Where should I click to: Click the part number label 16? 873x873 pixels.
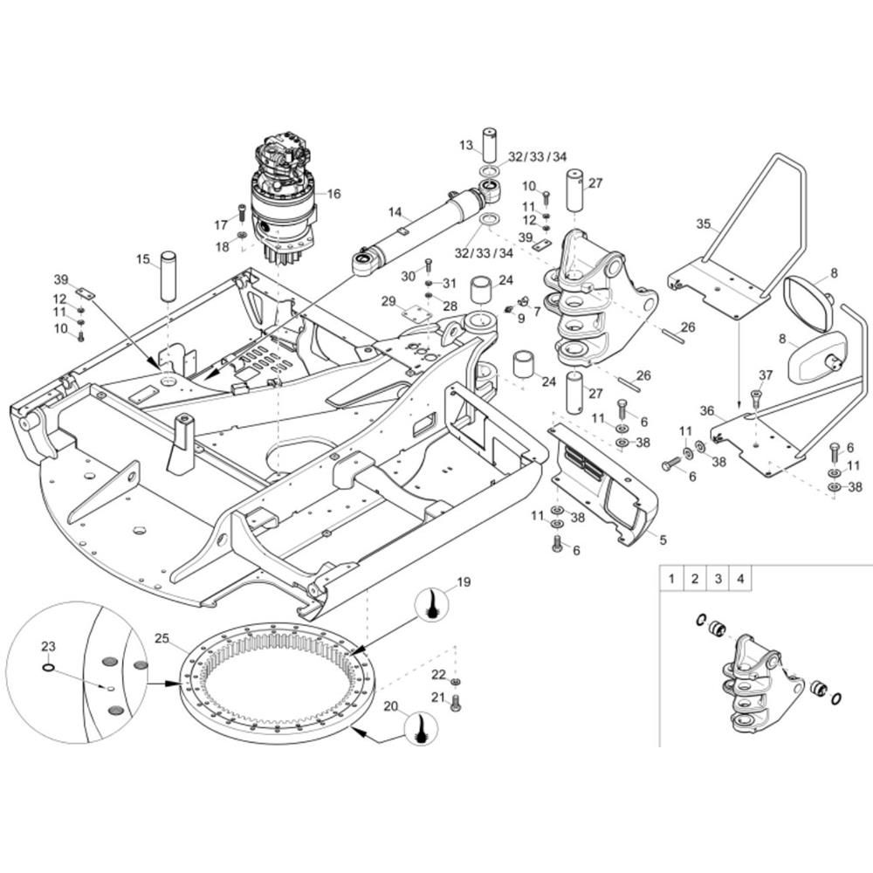click(333, 194)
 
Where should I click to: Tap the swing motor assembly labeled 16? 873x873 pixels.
click(284, 196)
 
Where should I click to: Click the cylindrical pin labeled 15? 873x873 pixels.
click(168, 275)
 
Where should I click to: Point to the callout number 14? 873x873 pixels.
click(395, 212)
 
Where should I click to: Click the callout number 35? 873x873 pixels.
click(704, 223)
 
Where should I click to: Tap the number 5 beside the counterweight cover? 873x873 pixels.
click(663, 540)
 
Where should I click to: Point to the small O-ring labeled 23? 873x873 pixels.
click(49, 669)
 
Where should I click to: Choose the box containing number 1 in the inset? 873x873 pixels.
click(671, 578)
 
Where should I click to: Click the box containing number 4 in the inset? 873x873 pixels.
click(739, 578)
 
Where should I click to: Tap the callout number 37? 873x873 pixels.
click(765, 375)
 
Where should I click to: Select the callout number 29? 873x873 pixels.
click(388, 301)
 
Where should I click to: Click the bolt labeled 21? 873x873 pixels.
click(455, 703)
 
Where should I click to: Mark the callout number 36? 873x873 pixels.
click(707, 410)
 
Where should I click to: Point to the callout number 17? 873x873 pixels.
click(221, 224)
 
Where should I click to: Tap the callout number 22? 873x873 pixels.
click(438, 674)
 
